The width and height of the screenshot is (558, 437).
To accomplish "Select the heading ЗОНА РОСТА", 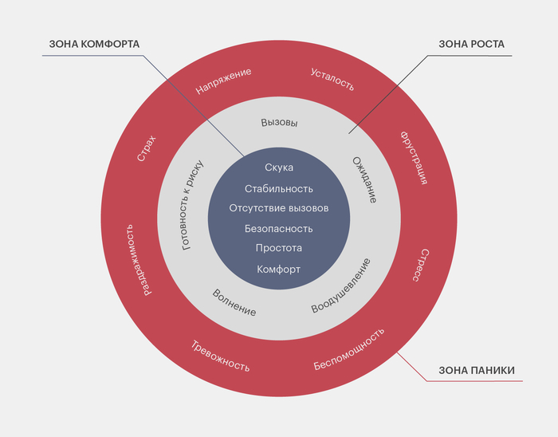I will tap(471, 43).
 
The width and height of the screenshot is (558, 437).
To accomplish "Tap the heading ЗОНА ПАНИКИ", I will tap(477, 370).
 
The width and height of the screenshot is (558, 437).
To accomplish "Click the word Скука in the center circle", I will tap(279, 167).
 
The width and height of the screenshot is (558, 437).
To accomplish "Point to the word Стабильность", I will tap(279, 188).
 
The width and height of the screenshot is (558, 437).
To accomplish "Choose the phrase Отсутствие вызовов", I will tap(279, 208).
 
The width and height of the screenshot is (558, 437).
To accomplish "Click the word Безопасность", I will tap(279, 229).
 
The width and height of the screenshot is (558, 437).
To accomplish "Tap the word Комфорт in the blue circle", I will tap(279, 270).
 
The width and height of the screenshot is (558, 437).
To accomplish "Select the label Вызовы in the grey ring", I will tap(279, 123).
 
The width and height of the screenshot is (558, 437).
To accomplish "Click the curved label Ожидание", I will tap(364, 179).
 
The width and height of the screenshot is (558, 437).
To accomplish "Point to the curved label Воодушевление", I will tap(341, 285).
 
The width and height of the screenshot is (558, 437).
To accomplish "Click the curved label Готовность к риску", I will tap(193, 206).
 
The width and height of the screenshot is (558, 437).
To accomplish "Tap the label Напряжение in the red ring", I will tap(223, 81).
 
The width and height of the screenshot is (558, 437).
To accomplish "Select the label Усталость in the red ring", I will tap(332, 80).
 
